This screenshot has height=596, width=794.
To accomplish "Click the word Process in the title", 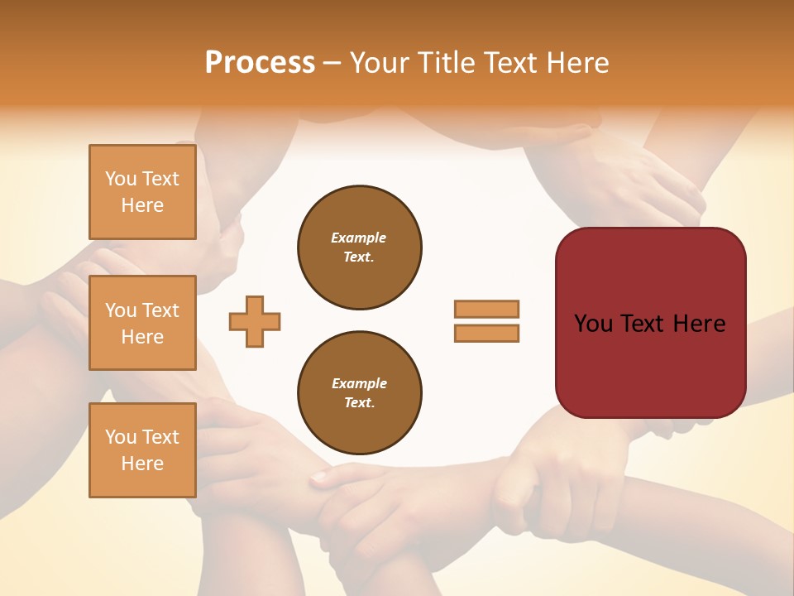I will [x=260, y=63].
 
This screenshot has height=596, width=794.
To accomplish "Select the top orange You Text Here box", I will [x=142, y=192].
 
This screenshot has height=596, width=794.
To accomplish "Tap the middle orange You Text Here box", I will [x=142, y=323].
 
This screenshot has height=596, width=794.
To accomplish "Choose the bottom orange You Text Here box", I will [x=142, y=449].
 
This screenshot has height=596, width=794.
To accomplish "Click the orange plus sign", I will [x=255, y=321].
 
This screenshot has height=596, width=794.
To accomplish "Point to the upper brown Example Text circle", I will [x=360, y=247].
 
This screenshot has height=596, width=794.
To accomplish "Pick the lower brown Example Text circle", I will [x=360, y=392].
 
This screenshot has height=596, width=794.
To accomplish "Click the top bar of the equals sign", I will [x=486, y=309].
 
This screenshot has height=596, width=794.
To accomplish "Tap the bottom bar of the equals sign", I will [x=486, y=333].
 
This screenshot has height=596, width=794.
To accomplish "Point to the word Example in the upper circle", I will [x=358, y=238].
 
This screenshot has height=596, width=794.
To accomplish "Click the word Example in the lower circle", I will [x=359, y=383].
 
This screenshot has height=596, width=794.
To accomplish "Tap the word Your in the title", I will [x=381, y=63].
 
